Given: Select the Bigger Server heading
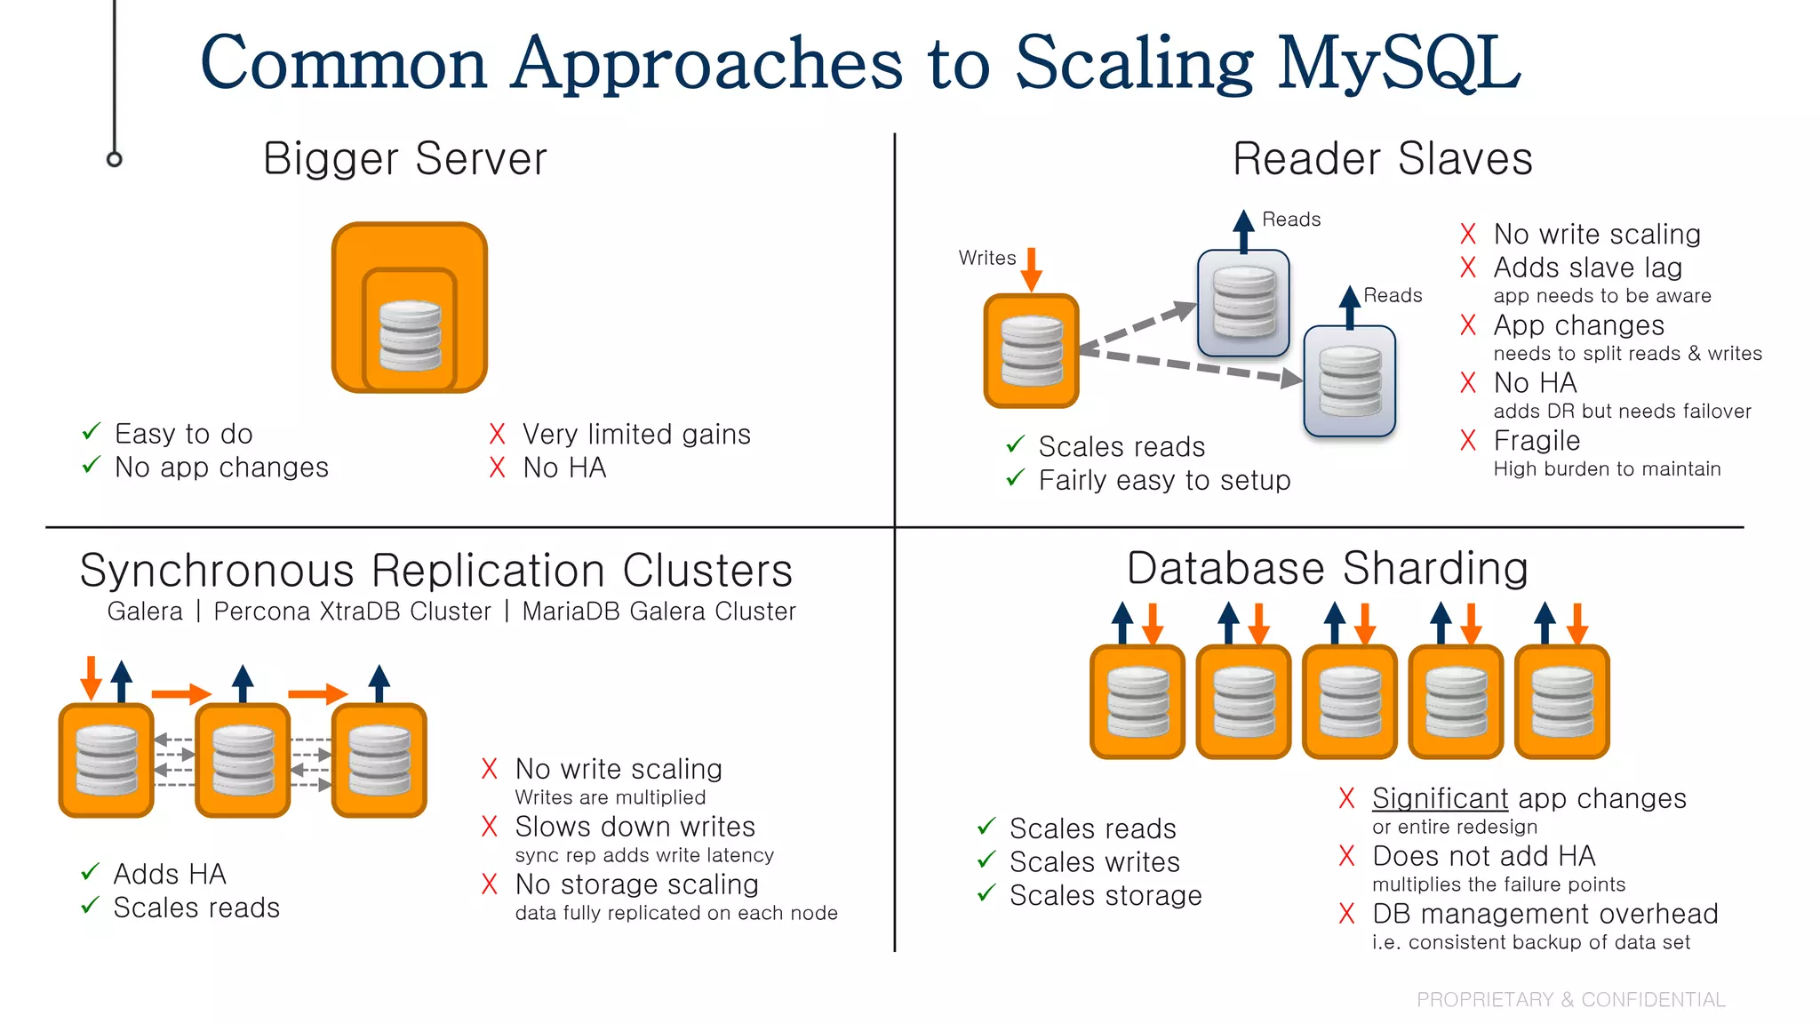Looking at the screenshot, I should [x=405, y=159].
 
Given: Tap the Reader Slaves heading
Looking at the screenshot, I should [x=1382, y=159].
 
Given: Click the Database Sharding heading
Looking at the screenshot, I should [x=1327, y=568].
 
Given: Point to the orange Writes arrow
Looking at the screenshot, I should [x=1031, y=269].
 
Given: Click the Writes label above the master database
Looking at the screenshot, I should [x=986, y=258].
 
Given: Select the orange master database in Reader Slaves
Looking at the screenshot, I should [x=1031, y=351].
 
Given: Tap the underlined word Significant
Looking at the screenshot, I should [x=1440, y=798].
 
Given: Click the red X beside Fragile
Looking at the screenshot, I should [x=1468, y=440].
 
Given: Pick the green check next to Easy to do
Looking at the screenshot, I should [x=92, y=432].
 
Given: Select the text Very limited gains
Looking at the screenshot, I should [x=636, y=434].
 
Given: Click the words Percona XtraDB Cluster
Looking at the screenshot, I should [x=352, y=612].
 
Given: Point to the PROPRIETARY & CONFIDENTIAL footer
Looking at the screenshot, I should [x=1570, y=999].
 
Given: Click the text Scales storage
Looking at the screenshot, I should [x=1106, y=895].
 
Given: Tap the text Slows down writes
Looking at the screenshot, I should [x=635, y=827].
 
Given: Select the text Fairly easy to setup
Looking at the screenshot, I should [x=1164, y=480].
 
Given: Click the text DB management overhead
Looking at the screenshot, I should [x=1545, y=914].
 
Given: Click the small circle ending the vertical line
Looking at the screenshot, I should [x=114, y=159].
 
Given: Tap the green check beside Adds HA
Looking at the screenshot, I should [x=90, y=872].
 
